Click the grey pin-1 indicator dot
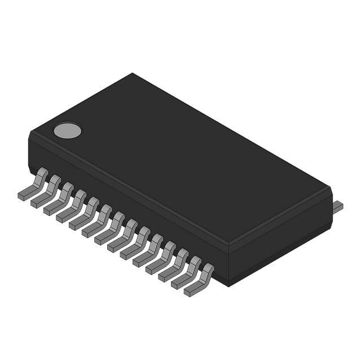pyautogui.click(x=67, y=131)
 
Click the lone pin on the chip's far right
pyautogui.click(x=338, y=207)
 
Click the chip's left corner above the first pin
pyautogui.click(x=29, y=135)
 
